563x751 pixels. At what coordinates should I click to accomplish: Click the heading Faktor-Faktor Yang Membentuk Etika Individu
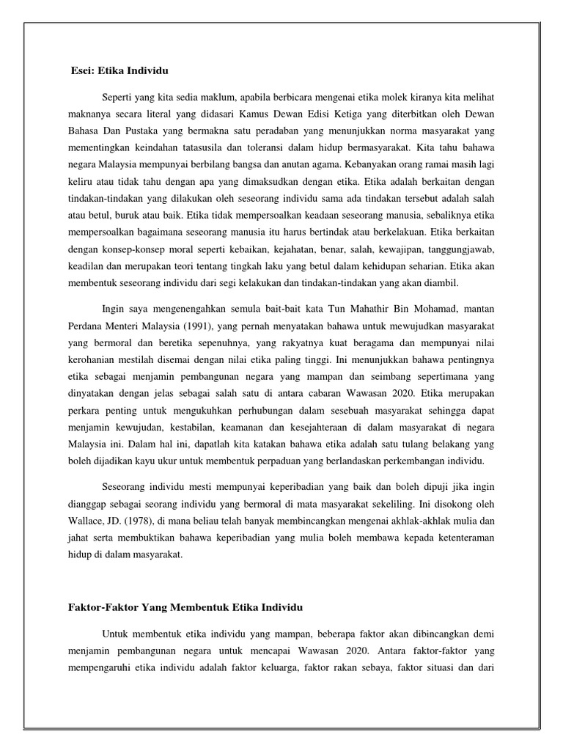coord(180,608)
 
